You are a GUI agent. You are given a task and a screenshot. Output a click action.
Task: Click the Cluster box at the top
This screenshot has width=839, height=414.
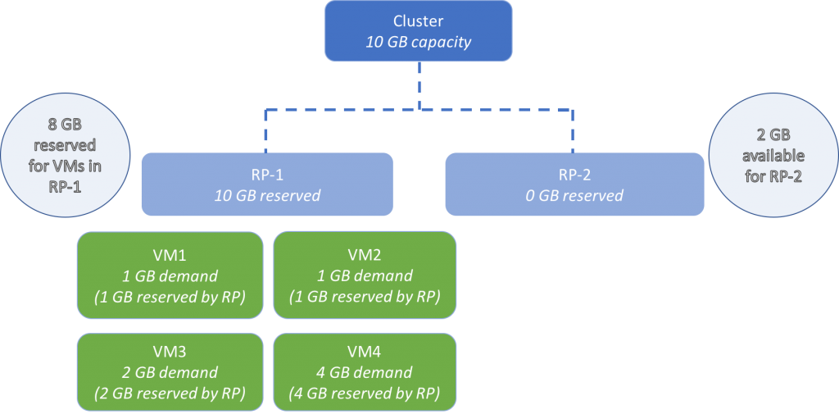(x=419, y=30)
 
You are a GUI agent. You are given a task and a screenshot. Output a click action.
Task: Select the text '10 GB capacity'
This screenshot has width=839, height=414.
(x=419, y=42)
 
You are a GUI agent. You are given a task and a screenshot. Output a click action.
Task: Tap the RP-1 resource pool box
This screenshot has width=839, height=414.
(x=267, y=184)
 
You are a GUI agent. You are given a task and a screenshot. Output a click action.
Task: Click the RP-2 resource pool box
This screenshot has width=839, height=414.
(x=574, y=184)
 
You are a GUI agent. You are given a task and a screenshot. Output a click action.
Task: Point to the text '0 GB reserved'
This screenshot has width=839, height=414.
(x=574, y=196)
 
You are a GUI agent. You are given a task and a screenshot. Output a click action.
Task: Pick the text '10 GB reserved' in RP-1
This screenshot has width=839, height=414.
(x=267, y=196)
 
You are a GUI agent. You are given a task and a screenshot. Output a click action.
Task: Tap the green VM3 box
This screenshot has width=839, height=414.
(x=170, y=371)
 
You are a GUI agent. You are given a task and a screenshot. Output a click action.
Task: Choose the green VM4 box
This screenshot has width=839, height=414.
(x=365, y=371)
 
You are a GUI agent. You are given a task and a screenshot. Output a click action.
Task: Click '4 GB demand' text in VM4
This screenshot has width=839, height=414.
(x=365, y=372)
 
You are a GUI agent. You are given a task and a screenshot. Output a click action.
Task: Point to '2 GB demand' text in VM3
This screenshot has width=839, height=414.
(x=170, y=372)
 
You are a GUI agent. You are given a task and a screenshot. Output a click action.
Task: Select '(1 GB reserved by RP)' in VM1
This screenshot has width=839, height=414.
(x=170, y=295)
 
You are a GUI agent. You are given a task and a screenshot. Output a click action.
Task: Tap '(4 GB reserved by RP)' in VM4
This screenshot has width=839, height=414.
(x=365, y=393)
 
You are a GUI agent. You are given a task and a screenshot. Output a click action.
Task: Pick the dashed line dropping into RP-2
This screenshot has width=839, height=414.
(x=573, y=131)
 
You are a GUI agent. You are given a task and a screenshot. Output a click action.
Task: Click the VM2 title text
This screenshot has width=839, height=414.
(x=365, y=253)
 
